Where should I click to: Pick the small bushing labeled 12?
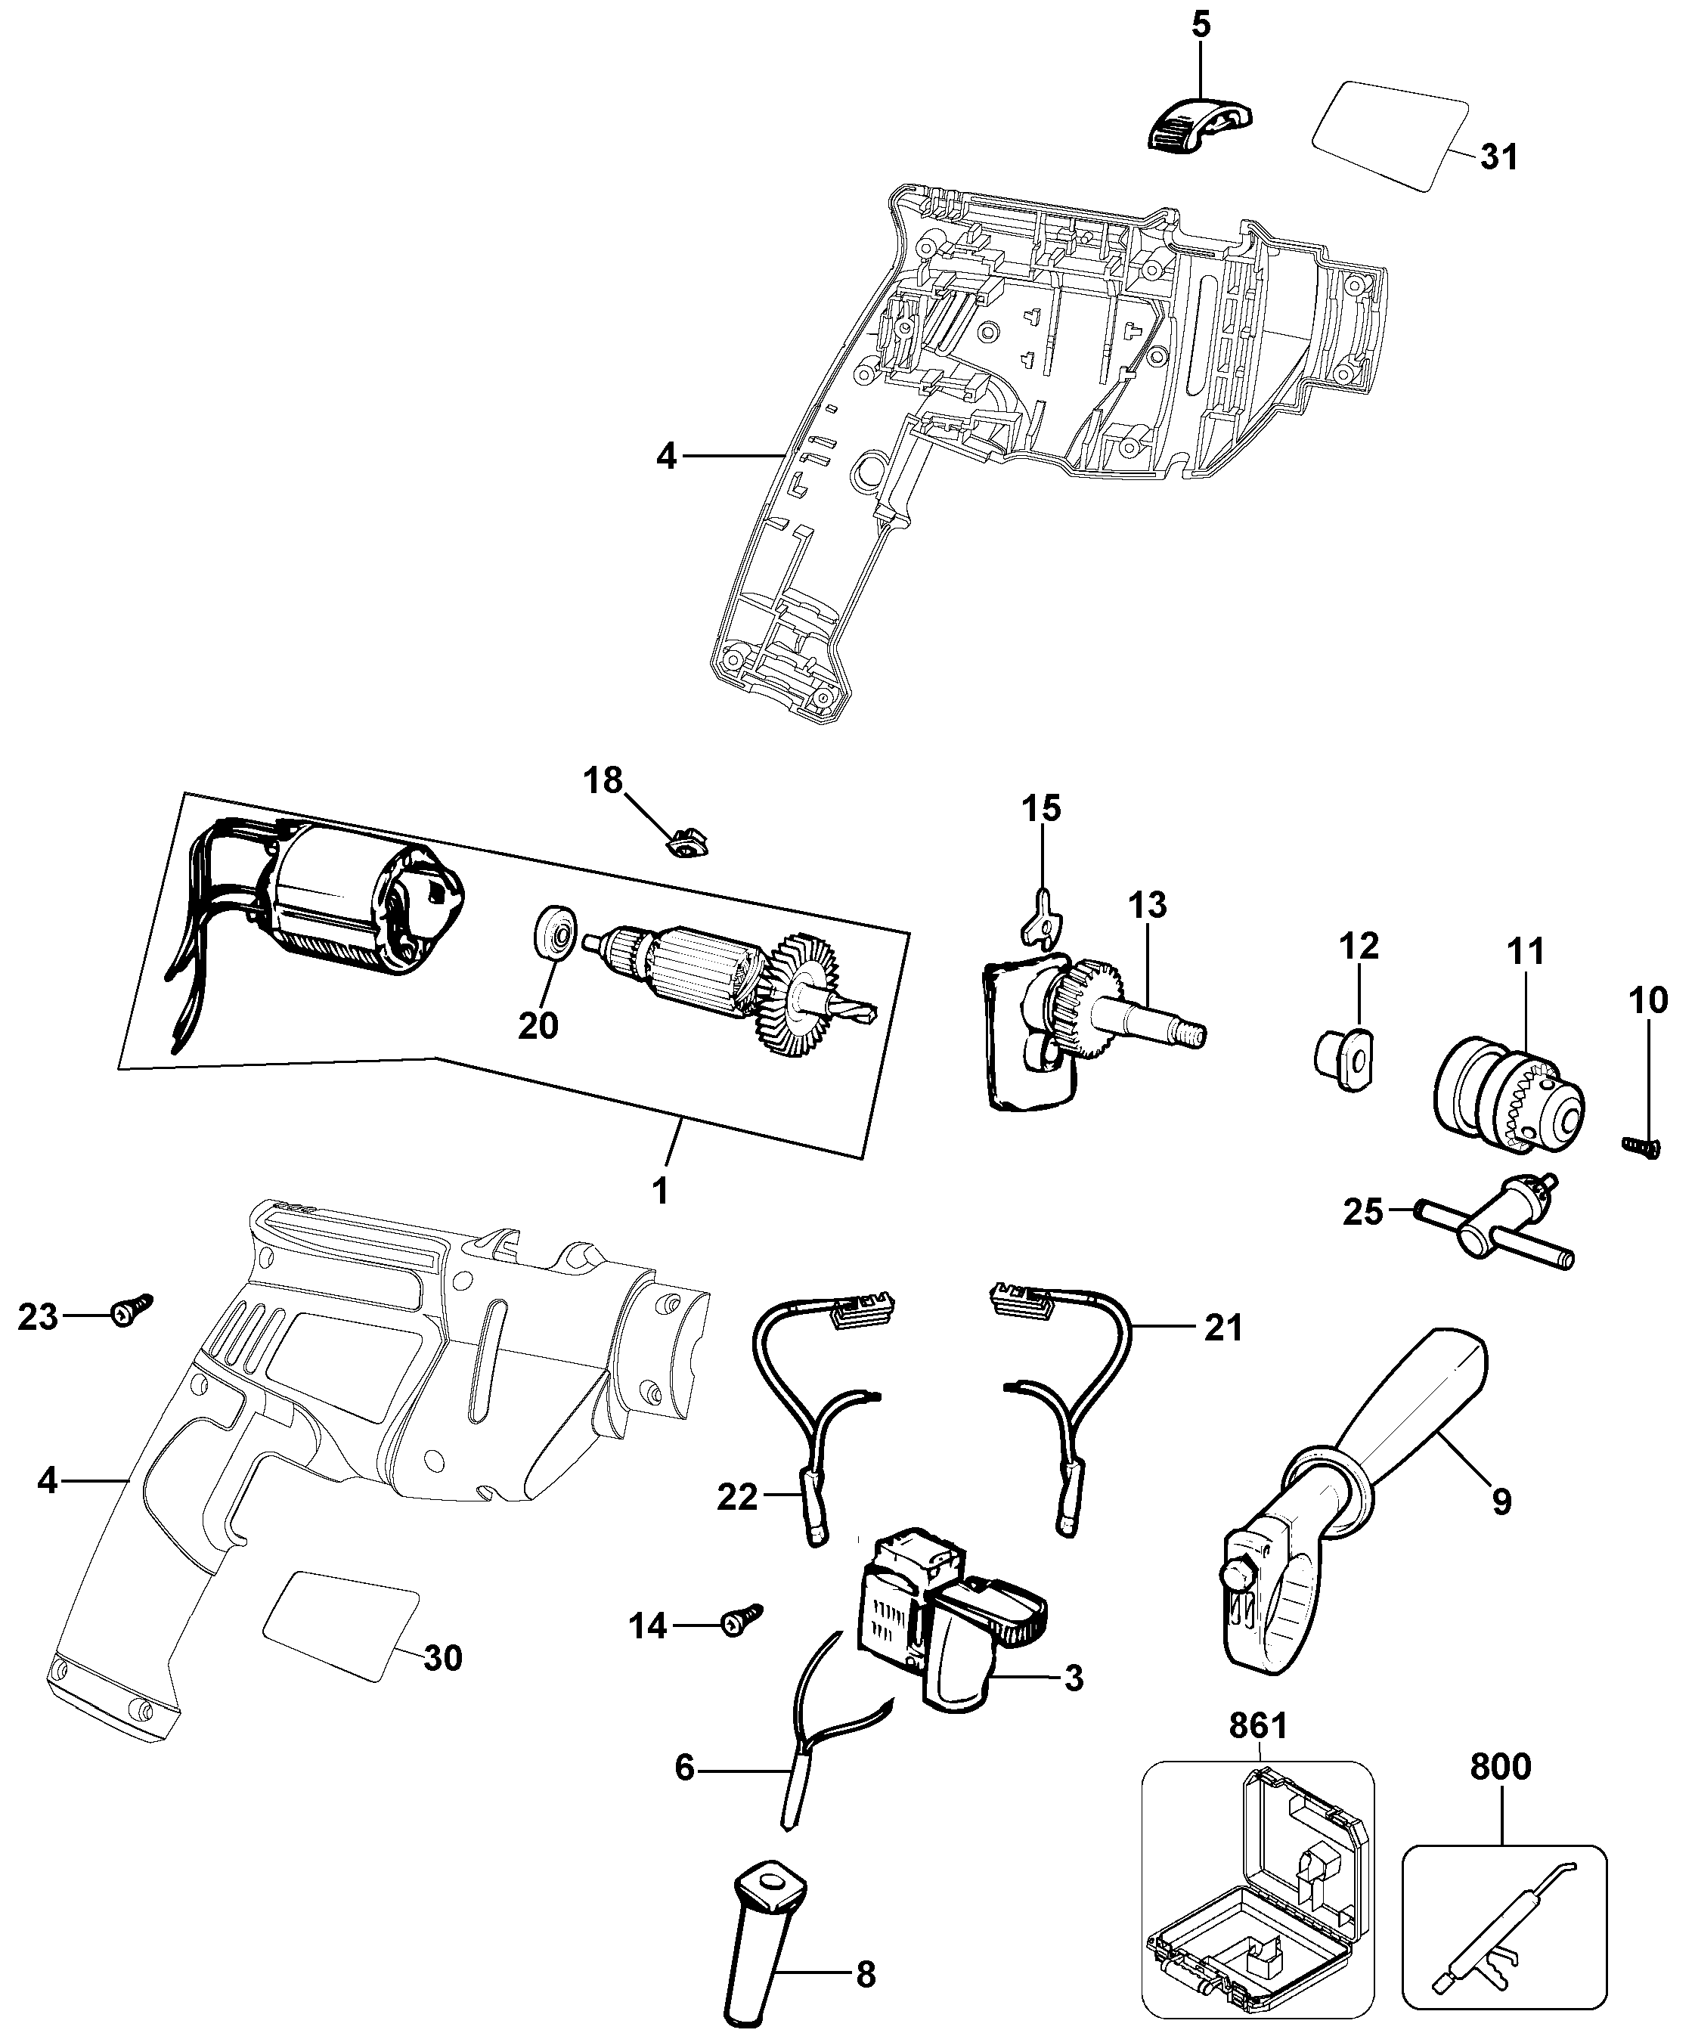point(1345,1060)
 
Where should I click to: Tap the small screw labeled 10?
point(1641,1147)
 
